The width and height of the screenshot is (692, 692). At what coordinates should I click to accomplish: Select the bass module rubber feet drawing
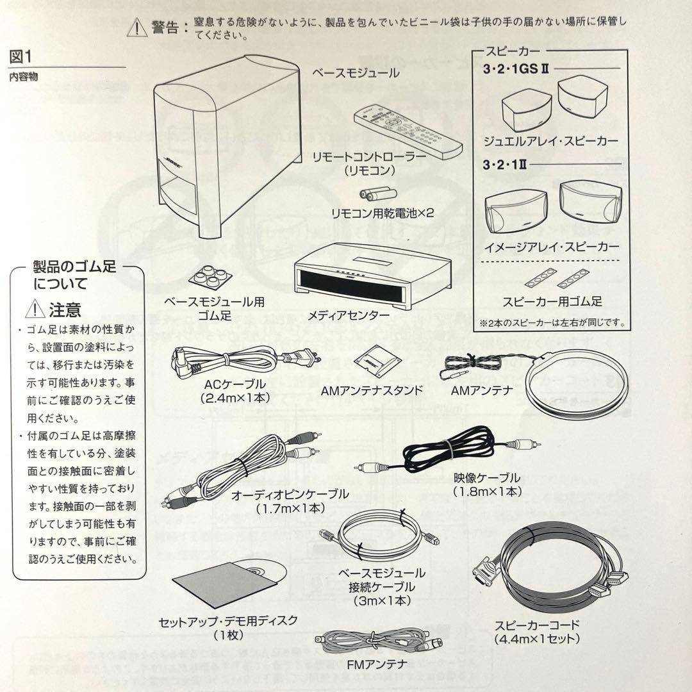click(x=211, y=277)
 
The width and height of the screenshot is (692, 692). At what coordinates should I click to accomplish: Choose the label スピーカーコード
click(x=537, y=625)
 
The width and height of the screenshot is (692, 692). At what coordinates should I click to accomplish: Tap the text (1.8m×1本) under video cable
click(x=487, y=491)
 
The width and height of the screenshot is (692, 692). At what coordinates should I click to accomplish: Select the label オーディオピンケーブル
click(x=290, y=494)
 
